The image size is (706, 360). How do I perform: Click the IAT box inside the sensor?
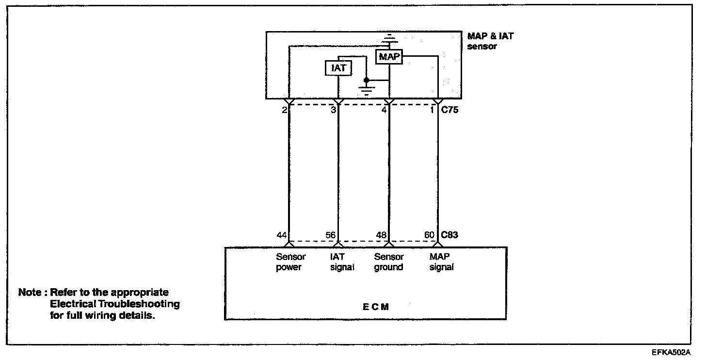click(338, 68)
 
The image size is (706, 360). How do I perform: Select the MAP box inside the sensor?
click(389, 57)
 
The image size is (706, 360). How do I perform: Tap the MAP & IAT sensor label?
click(490, 41)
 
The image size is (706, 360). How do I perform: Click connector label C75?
click(450, 110)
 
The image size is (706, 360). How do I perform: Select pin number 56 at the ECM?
click(331, 235)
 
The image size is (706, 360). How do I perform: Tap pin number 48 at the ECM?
click(381, 235)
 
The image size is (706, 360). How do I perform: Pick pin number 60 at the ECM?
click(430, 235)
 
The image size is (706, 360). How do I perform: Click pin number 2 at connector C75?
click(284, 110)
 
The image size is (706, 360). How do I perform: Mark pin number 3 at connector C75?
click(333, 110)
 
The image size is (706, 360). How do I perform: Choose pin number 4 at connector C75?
click(384, 110)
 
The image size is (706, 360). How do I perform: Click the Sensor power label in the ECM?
click(290, 262)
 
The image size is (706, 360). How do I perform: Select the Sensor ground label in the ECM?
click(389, 262)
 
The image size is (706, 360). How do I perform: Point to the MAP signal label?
click(441, 262)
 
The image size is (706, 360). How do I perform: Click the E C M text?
click(375, 307)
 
